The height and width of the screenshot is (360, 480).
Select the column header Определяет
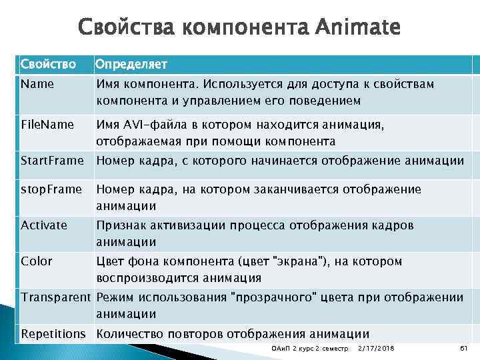point(131,64)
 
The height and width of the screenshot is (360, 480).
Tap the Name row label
point(37,85)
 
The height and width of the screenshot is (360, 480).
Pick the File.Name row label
point(47,125)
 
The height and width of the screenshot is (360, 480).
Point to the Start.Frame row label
point(53,160)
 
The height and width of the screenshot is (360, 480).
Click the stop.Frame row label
point(51,189)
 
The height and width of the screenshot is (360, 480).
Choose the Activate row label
point(44,225)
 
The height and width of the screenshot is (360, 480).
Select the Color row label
point(37,261)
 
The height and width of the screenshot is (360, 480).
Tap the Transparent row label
point(55,297)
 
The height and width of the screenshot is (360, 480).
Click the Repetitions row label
point(53,333)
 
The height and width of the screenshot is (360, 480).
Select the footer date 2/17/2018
point(376,349)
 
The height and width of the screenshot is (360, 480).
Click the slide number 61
point(464,349)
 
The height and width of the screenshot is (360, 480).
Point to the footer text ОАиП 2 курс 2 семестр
point(311,349)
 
